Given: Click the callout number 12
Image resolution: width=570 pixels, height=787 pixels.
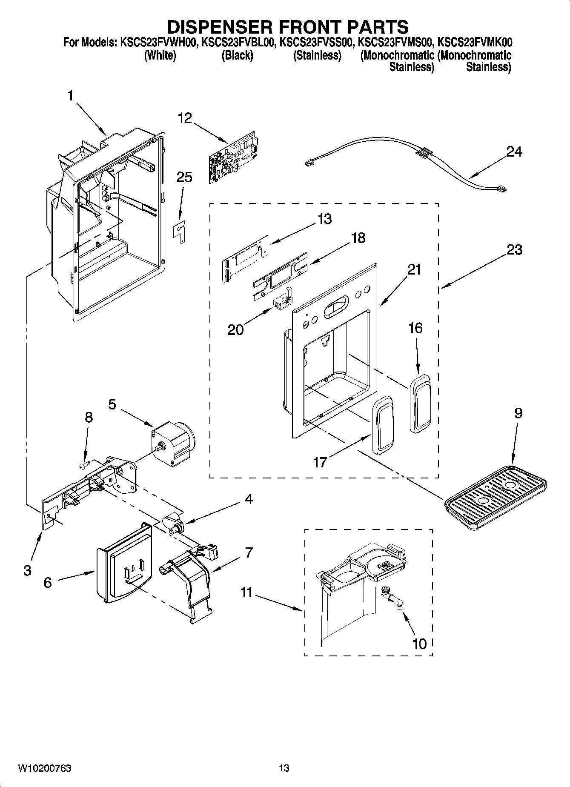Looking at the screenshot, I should (x=185, y=118).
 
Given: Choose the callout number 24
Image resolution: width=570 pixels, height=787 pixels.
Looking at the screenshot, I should (x=514, y=152).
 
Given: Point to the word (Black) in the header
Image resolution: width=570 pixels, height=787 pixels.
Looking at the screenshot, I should (x=237, y=55).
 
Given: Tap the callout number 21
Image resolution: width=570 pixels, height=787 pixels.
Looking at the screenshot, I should (x=413, y=269).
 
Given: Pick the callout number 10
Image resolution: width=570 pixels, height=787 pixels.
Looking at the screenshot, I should (x=419, y=644).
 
